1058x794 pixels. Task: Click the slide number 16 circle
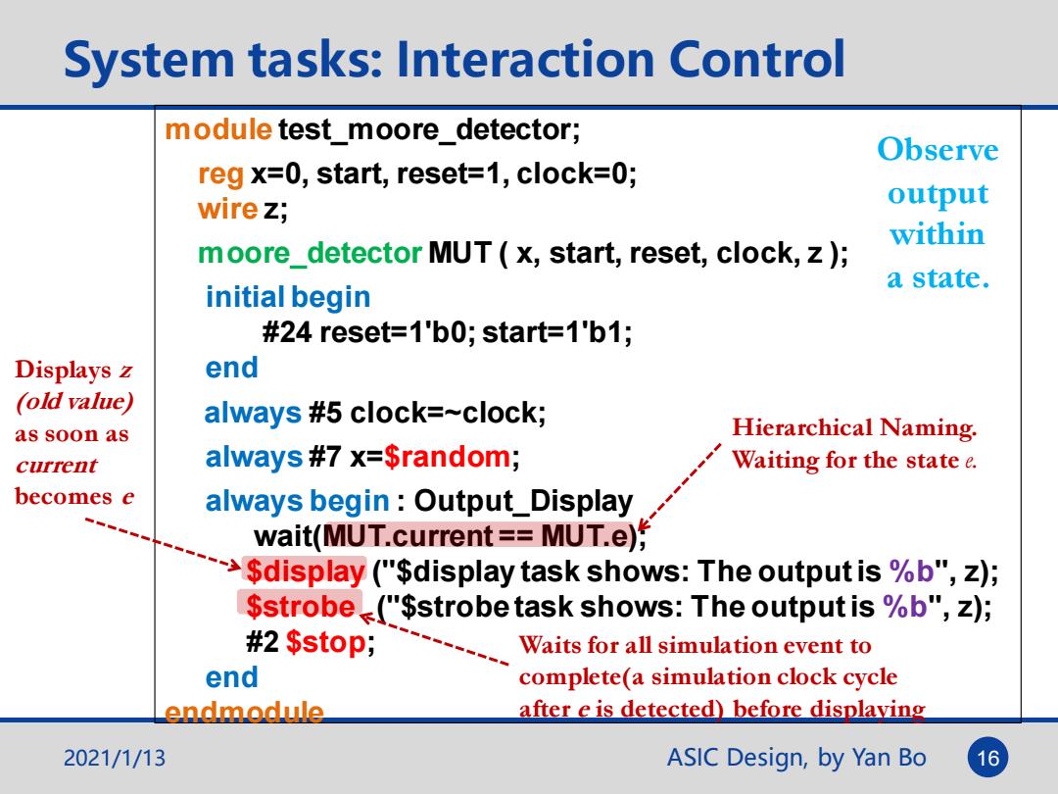click(987, 758)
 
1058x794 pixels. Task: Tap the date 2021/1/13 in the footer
click(114, 758)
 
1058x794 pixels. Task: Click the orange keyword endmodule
click(244, 712)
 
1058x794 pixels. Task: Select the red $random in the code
click(447, 457)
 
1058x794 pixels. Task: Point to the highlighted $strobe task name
click(301, 606)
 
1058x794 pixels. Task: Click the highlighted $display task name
click(305, 571)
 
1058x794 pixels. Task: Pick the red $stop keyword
click(326, 641)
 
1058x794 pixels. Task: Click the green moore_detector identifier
click(310, 253)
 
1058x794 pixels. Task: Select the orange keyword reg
click(220, 174)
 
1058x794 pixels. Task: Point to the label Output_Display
click(523, 502)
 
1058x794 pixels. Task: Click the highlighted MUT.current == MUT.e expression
click(480, 535)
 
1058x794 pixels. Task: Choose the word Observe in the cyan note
click(938, 149)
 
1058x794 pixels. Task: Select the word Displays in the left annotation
click(64, 370)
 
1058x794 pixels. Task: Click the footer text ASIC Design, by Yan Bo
click(796, 758)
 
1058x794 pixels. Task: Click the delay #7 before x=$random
click(324, 457)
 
